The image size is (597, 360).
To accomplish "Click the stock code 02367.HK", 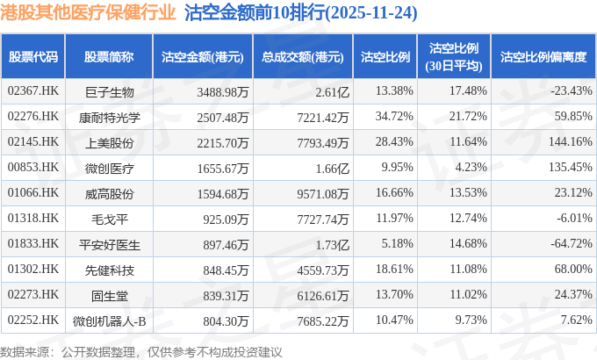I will point(33,90).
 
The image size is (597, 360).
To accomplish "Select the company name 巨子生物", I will point(109,90).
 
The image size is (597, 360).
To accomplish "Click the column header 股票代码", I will point(33,57).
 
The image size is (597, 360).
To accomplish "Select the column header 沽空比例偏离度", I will point(543,57).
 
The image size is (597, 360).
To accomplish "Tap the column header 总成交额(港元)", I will point(301,57).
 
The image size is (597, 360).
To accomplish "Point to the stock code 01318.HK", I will point(33,218).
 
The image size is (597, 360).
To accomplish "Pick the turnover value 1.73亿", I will point(331,243).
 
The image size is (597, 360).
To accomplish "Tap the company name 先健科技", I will point(109,269).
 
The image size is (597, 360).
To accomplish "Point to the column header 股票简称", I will point(109,57).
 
